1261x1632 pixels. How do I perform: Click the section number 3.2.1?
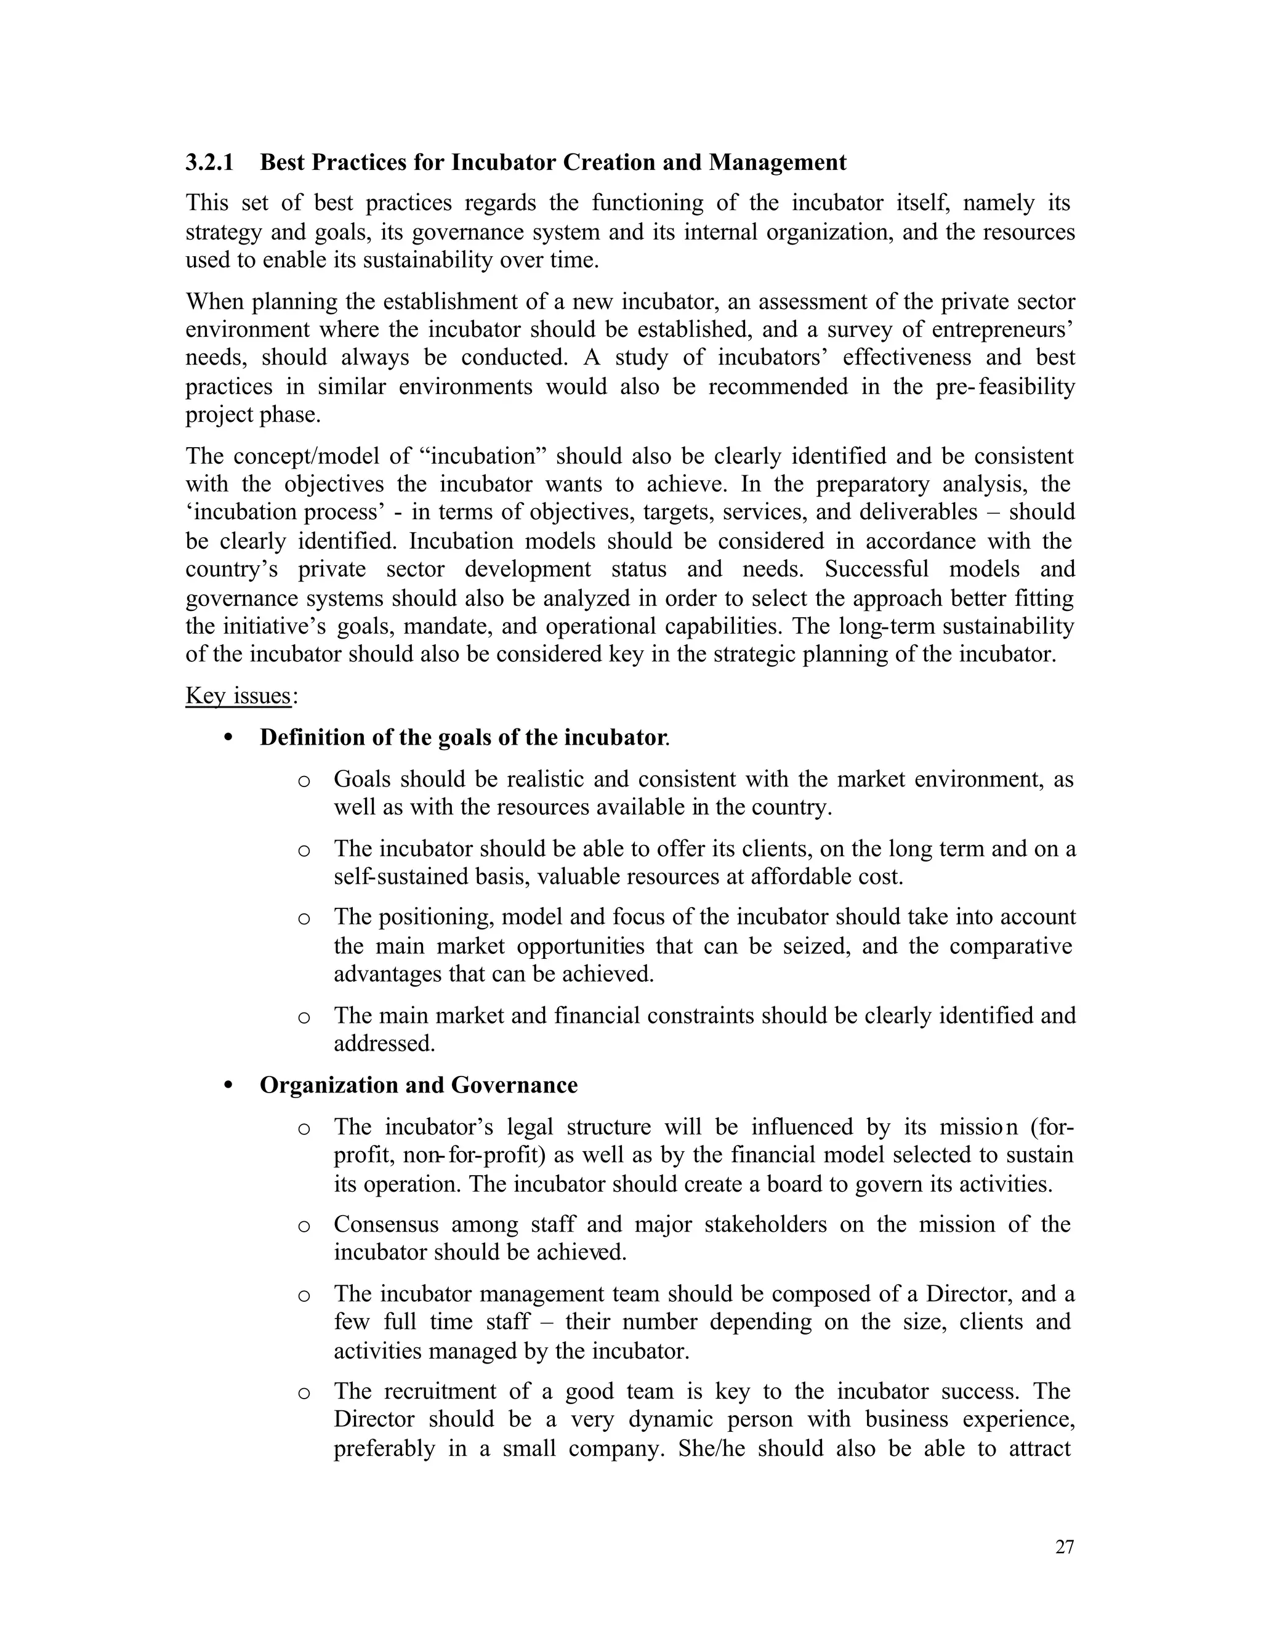(209, 162)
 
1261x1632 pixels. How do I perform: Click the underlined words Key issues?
(238, 696)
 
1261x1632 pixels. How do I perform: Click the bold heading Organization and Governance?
(418, 1085)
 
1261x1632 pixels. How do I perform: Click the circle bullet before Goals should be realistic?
(304, 782)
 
